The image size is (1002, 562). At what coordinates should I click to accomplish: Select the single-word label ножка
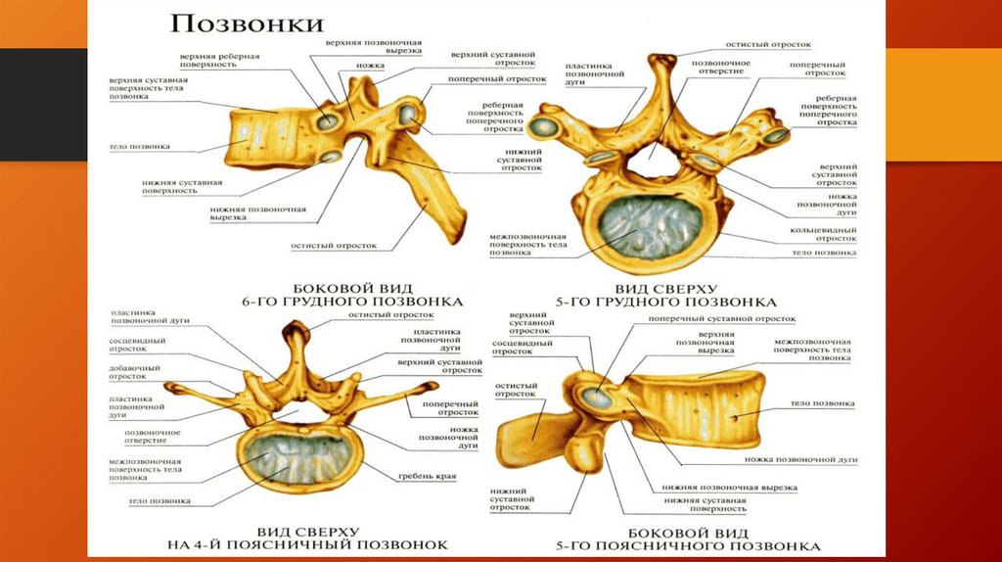coord(371,66)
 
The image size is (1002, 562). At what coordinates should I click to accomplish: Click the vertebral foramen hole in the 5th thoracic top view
coord(650,162)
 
